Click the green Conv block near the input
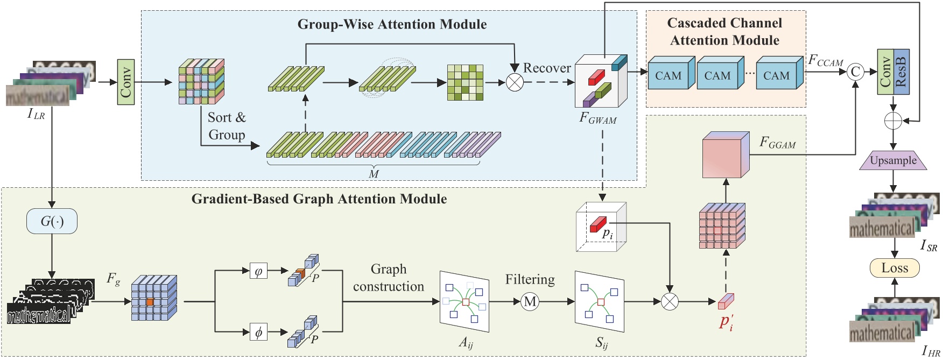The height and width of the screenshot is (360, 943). coord(125,82)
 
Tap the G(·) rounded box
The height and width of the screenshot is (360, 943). coord(52,221)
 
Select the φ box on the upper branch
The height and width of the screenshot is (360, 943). coord(258,271)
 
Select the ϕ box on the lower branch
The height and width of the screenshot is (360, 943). coord(258,332)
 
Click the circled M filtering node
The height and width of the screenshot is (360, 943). coord(530,301)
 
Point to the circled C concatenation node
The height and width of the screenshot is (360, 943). coord(855,72)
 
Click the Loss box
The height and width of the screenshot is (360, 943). coord(895,268)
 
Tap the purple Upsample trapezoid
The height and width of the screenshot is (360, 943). coord(893,160)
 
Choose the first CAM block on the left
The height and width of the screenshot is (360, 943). coord(668,76)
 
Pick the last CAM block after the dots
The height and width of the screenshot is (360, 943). coord(776,76)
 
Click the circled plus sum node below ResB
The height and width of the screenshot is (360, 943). coord(893,121)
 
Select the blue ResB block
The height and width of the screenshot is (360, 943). coord(901,72)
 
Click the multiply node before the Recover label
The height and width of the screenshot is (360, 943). coord(515,82)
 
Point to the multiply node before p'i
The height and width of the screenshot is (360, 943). coord(670,301)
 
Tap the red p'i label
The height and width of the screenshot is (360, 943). coord(726,322)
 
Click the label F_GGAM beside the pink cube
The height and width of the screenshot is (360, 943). coord(777,143)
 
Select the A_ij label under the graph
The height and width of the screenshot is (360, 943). coord(466,342)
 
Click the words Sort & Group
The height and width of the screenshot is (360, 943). coord(226,126)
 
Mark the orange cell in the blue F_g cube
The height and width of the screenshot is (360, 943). coord(150,302)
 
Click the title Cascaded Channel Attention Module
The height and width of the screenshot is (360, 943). coord(724,31)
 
